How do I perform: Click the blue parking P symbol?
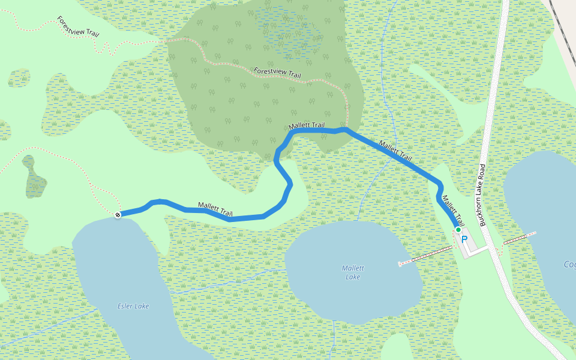pos(464,239)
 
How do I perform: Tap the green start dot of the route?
pos(458,230)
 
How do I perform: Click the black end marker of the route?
pos(118,214)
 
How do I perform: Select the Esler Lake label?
pos(133,306)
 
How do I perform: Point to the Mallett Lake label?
pos(353,272)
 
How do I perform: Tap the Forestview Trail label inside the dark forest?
pos(277,73)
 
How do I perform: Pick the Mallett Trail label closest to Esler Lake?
pos(215,209)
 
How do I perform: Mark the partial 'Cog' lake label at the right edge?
pos(569,265)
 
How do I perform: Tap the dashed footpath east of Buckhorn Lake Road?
pos(520,238)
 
